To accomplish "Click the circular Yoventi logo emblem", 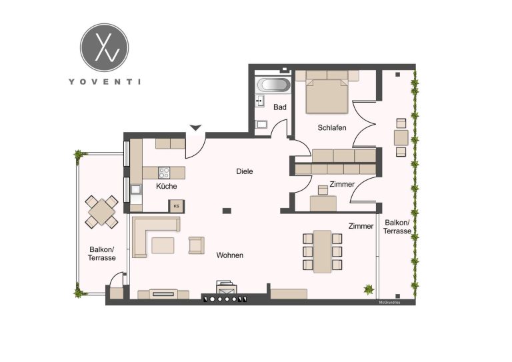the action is (x=105, y=47).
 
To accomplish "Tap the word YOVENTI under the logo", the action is (x=105, y=81).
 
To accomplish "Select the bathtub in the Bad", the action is (x=273, y=85).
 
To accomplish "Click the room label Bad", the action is (x=280, y=107).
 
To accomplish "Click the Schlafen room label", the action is (x=332, y=127).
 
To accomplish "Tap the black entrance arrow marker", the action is (x=195, y=127).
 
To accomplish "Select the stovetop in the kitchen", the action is (x=164, y=173).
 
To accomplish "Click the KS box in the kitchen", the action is (x=176, y=206).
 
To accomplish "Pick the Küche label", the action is (x=166, y=187).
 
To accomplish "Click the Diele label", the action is (x=245, y=171).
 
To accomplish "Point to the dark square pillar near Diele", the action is (x=227, y=211).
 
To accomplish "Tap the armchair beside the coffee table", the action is (x=196, y=245).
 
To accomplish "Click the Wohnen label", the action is (x=230, y=255).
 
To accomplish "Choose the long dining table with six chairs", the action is (x=322, y=251).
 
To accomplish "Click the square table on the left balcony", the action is (x=101, y=212).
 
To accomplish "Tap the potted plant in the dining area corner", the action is (x=369, y=289).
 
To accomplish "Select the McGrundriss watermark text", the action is (x=389, y=303).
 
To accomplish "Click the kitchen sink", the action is (x=135, y=189).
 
